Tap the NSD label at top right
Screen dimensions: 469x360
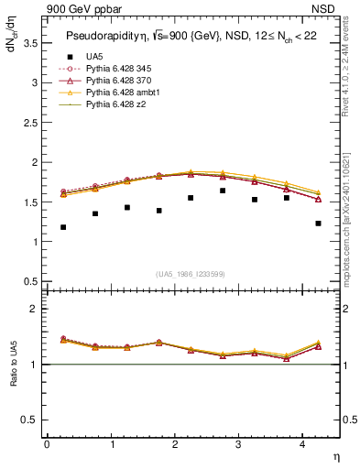point(327,10)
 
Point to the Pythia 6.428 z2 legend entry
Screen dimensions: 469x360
point(114,104)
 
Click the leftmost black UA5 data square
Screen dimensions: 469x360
point(63,227)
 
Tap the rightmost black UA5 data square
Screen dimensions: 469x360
point(318,224)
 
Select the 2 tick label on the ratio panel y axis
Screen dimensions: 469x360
point(36,310)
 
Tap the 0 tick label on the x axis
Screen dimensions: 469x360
point(47,444)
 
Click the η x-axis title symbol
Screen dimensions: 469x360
point(335,456)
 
